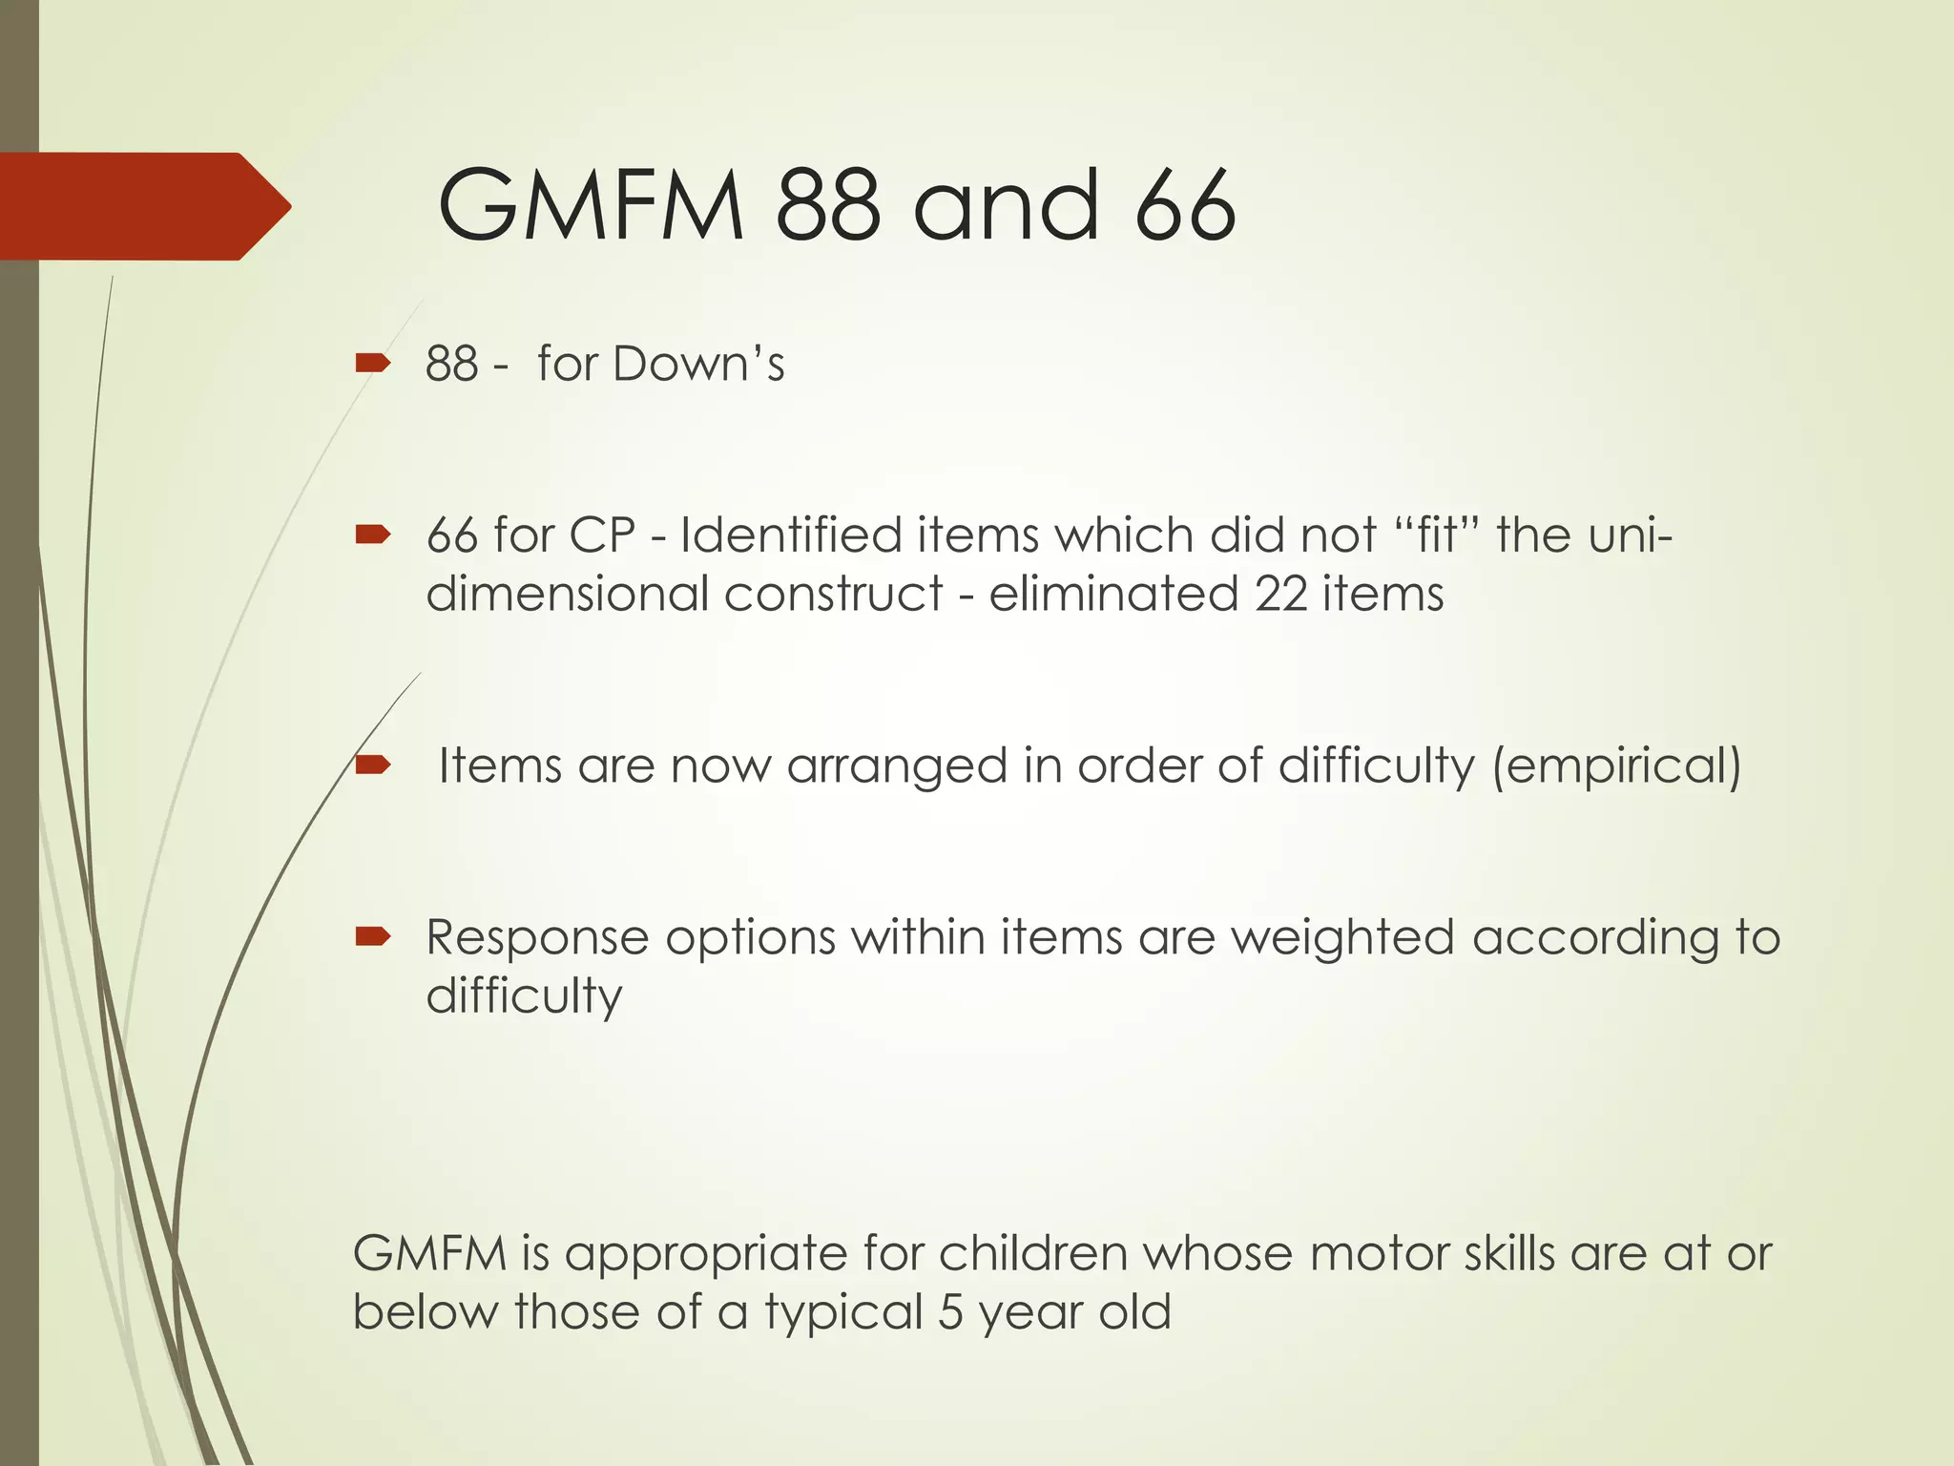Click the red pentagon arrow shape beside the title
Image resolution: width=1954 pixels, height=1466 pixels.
143,206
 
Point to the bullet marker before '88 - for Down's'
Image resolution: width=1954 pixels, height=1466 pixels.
372,363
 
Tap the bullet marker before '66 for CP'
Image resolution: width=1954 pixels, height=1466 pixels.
372,534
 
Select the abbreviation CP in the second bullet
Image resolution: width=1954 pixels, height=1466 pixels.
602,535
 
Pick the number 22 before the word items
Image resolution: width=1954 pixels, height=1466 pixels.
1280,594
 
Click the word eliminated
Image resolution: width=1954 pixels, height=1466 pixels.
1113,594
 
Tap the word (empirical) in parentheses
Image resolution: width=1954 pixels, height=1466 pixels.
1617,766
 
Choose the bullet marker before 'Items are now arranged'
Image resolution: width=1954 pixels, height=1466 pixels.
372,764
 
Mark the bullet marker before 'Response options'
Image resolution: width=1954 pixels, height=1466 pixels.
372,937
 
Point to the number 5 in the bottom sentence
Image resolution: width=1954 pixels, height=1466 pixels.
950,1312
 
